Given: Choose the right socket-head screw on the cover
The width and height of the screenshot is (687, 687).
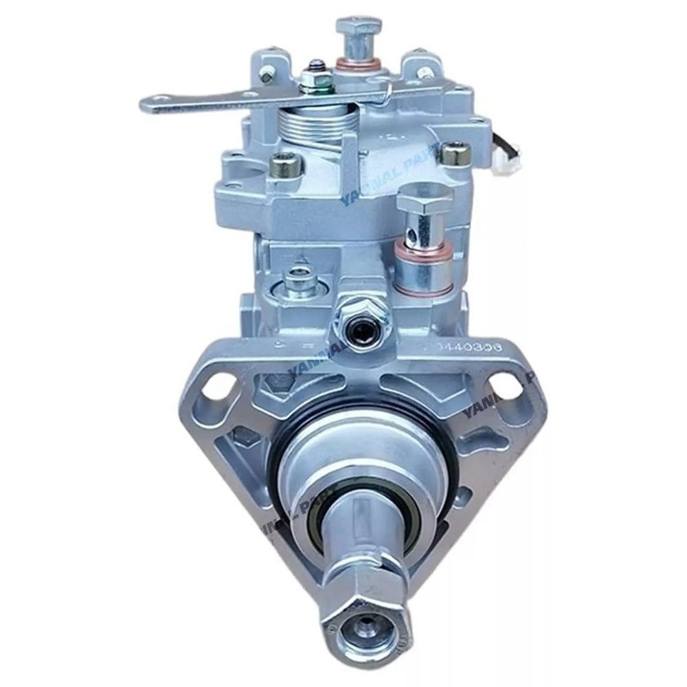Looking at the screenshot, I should click(x=452, y=153).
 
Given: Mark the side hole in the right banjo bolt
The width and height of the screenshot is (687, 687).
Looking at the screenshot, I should click(x=414, y=223).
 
